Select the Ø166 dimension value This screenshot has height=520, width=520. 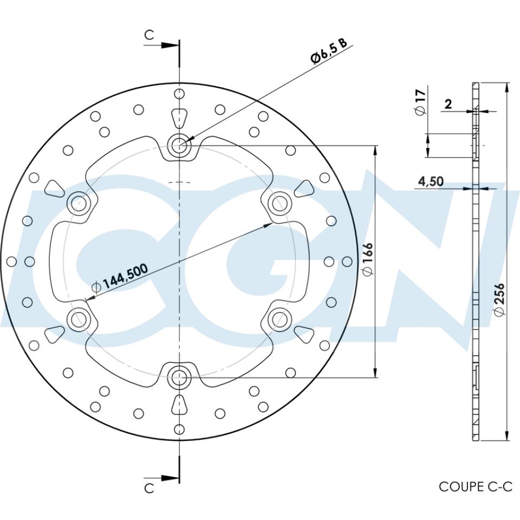367,261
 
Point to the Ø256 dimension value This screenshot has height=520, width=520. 499,298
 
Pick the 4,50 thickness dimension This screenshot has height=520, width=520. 431,181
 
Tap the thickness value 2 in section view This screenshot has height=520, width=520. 448,104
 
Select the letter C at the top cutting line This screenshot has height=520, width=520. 149,35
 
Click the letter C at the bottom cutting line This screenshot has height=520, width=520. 149,488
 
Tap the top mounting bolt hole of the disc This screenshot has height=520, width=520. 179,145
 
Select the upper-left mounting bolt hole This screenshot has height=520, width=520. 79,203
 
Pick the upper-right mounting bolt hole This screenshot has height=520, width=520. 279,203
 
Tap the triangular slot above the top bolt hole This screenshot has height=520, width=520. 179,118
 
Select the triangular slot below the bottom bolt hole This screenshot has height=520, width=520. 179,404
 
